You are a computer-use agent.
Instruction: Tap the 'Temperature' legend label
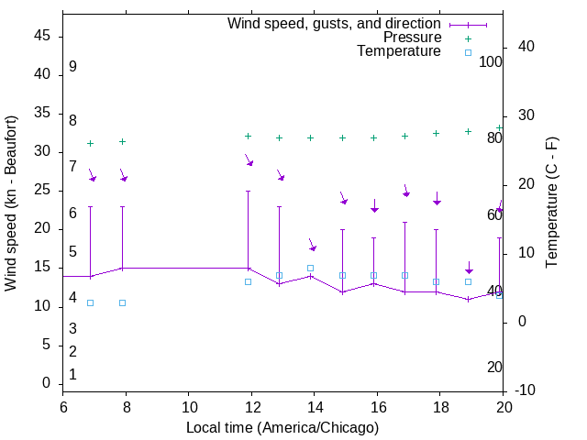click(x=399, y=51)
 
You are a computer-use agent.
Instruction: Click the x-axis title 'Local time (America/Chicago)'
click(x=282, y=427)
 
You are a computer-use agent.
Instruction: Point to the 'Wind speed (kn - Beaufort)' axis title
click(x=11, y=203)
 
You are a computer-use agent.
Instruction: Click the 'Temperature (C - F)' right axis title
click(x=551, y=203)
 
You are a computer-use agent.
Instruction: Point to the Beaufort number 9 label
click(x=72, y=67)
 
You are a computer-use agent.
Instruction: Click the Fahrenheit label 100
click(x=492, y=62)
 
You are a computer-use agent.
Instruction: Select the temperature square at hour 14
click(x=310, y=269)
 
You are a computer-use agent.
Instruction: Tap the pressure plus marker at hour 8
click(x=122, y=142)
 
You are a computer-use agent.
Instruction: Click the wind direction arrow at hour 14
click(x=312, y=246)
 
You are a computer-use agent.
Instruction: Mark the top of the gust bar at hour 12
click(x=248, y=192)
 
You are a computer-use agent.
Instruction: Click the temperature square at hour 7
click(x=90, y=302)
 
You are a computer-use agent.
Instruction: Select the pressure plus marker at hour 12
click(x=248, y=136)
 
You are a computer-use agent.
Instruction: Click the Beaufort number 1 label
click(x=72, y=375)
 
